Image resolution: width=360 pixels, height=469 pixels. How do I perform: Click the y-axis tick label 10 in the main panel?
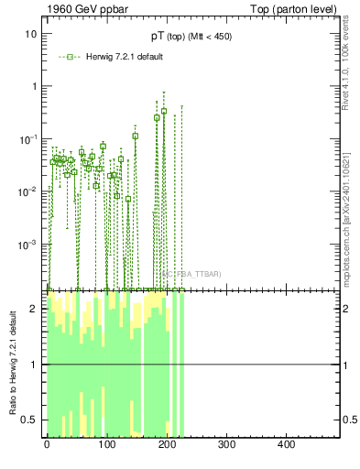[x=30, y=34]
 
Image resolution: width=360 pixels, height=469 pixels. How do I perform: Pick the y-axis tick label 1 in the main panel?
[x=33, y=86]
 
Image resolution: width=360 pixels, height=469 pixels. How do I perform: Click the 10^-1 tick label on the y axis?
[x=28, y=138]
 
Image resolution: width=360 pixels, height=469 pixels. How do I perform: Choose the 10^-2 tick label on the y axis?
[x=28, y=191]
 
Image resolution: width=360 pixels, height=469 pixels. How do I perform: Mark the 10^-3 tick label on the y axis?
[x=28, y=245]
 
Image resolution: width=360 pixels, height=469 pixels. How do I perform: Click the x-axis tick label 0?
[x=47, y=444]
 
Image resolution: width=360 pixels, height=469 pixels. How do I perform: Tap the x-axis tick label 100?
[x=107, y=444]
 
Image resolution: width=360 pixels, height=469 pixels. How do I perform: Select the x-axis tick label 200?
[x=167, y=444]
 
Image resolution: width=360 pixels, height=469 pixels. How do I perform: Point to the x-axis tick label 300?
[x=226, y=444]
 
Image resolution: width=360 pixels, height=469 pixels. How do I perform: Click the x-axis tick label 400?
[x=286, y=444]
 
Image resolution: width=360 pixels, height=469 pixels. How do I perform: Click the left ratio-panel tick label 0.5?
[x=30, y=420]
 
